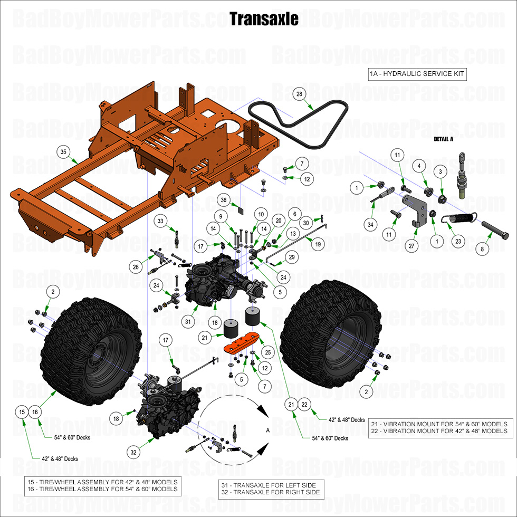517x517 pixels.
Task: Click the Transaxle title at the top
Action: coord(264,19)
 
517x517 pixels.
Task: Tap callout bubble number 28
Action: coord(299,94)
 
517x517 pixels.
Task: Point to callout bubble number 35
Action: coord(63,152)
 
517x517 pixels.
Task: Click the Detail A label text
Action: coord(444,139)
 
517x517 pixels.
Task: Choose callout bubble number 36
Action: coord(224,200)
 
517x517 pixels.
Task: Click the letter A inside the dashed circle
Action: coord(268,430)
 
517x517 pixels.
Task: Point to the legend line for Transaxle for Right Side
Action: coord(270,492)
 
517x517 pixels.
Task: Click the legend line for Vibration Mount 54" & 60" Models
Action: coord(438,424)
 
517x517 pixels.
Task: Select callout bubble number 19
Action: coord(318,244)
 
